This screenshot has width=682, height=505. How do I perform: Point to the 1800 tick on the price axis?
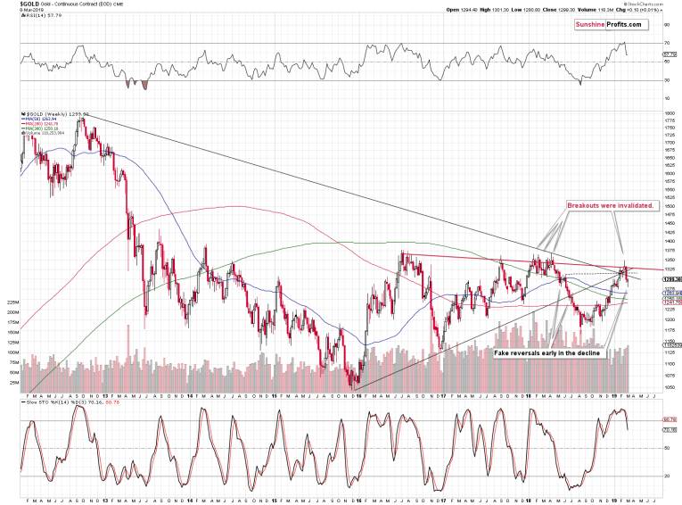tap(666, 114)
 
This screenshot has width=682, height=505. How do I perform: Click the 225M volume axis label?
tap(12, 302)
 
